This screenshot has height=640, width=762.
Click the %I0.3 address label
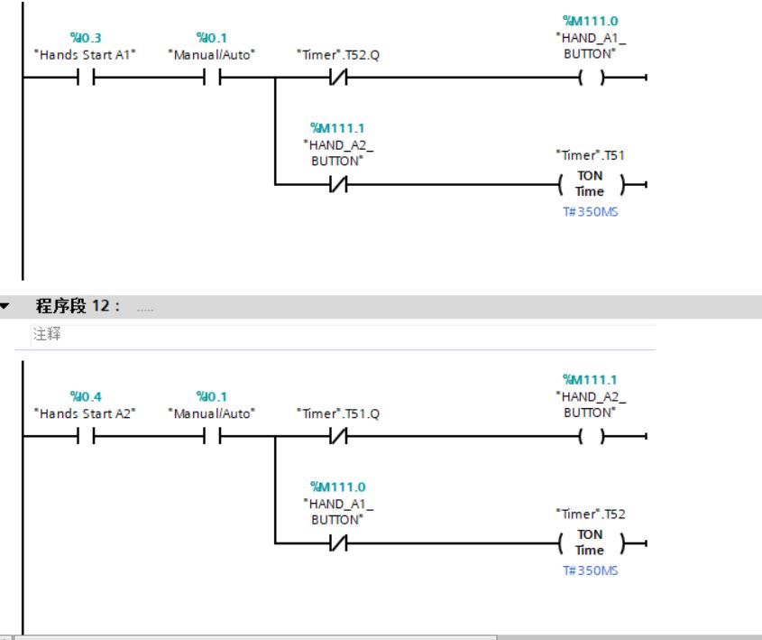(x=85, y=37)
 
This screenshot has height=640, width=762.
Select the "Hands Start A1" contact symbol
(x=85, y=78)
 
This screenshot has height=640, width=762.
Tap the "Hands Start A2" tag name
(x=84, y=413)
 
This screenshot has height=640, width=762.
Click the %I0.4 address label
(x=85, y=396)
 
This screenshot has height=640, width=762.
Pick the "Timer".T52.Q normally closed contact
(x=338, y=78)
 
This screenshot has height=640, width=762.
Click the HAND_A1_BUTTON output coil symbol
(x=590, y=78)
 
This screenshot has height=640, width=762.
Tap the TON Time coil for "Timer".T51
(x=590, y=183)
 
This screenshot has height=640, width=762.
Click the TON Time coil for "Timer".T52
(x=590, y=543)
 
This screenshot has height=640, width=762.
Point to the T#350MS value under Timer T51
(x=590, y=212)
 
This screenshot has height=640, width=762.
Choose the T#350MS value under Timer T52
(x=590, y=571)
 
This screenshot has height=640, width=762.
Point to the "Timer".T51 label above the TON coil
(x=590, y=155)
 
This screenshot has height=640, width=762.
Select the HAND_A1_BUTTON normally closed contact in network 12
(x=338, y=543)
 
